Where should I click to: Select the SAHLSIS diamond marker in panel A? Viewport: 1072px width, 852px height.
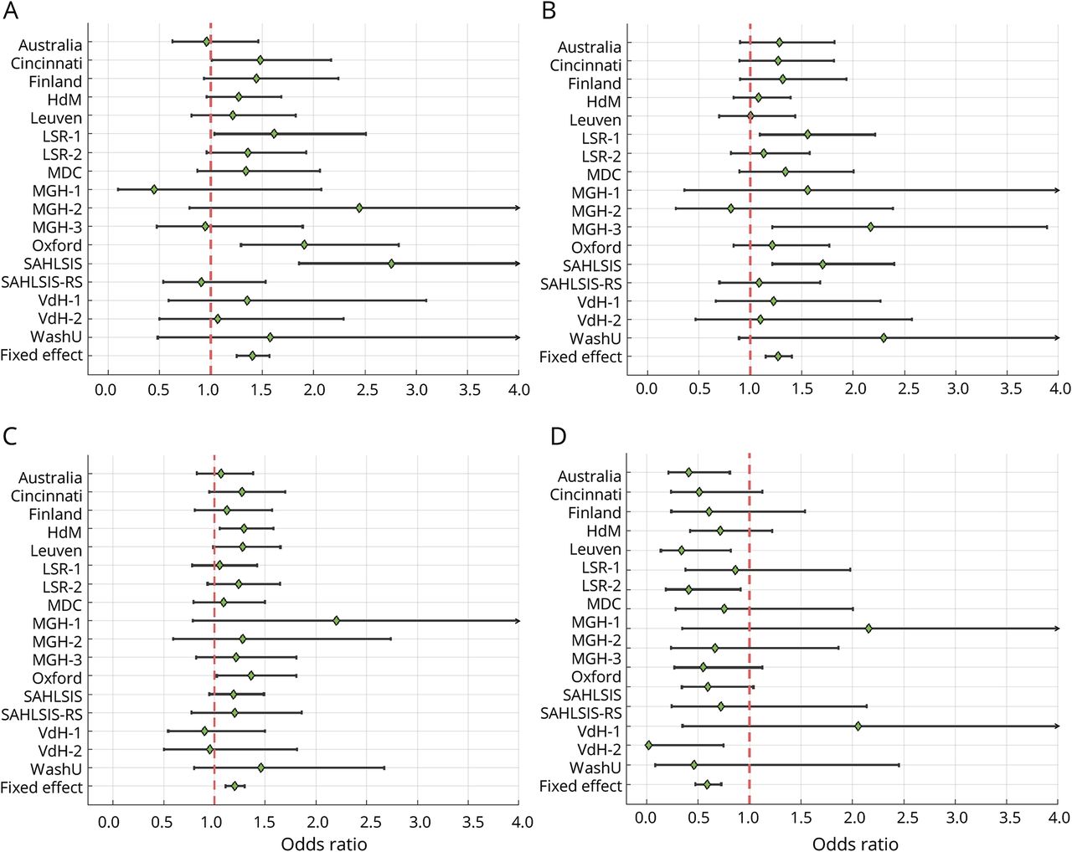[391, 264]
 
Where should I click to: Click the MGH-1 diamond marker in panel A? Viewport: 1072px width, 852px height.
[154, 190]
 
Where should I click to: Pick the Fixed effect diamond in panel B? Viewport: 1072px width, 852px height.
[778, 357]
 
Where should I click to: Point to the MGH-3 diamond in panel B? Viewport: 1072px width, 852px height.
[871, 227]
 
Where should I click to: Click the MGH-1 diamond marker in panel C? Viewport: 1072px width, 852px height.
[336, 621]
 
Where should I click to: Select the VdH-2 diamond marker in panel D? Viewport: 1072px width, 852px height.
[648, 745]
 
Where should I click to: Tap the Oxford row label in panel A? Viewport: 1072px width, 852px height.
[57, 246]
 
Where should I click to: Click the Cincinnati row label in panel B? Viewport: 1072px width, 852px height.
[585, 65]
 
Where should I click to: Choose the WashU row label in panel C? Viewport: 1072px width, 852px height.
[56, 769]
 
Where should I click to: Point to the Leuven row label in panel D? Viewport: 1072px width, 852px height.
[595, 550]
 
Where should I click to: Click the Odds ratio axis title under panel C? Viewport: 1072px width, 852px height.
[324, 844]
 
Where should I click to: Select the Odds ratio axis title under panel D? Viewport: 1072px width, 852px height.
[855, 844]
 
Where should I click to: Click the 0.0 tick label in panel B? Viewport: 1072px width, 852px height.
[647, 389]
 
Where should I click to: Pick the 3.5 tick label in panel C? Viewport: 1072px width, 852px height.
[472, 822]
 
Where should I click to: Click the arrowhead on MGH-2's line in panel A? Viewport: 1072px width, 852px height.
[517, 208]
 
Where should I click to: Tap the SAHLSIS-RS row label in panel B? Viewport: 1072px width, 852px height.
[581, 284]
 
